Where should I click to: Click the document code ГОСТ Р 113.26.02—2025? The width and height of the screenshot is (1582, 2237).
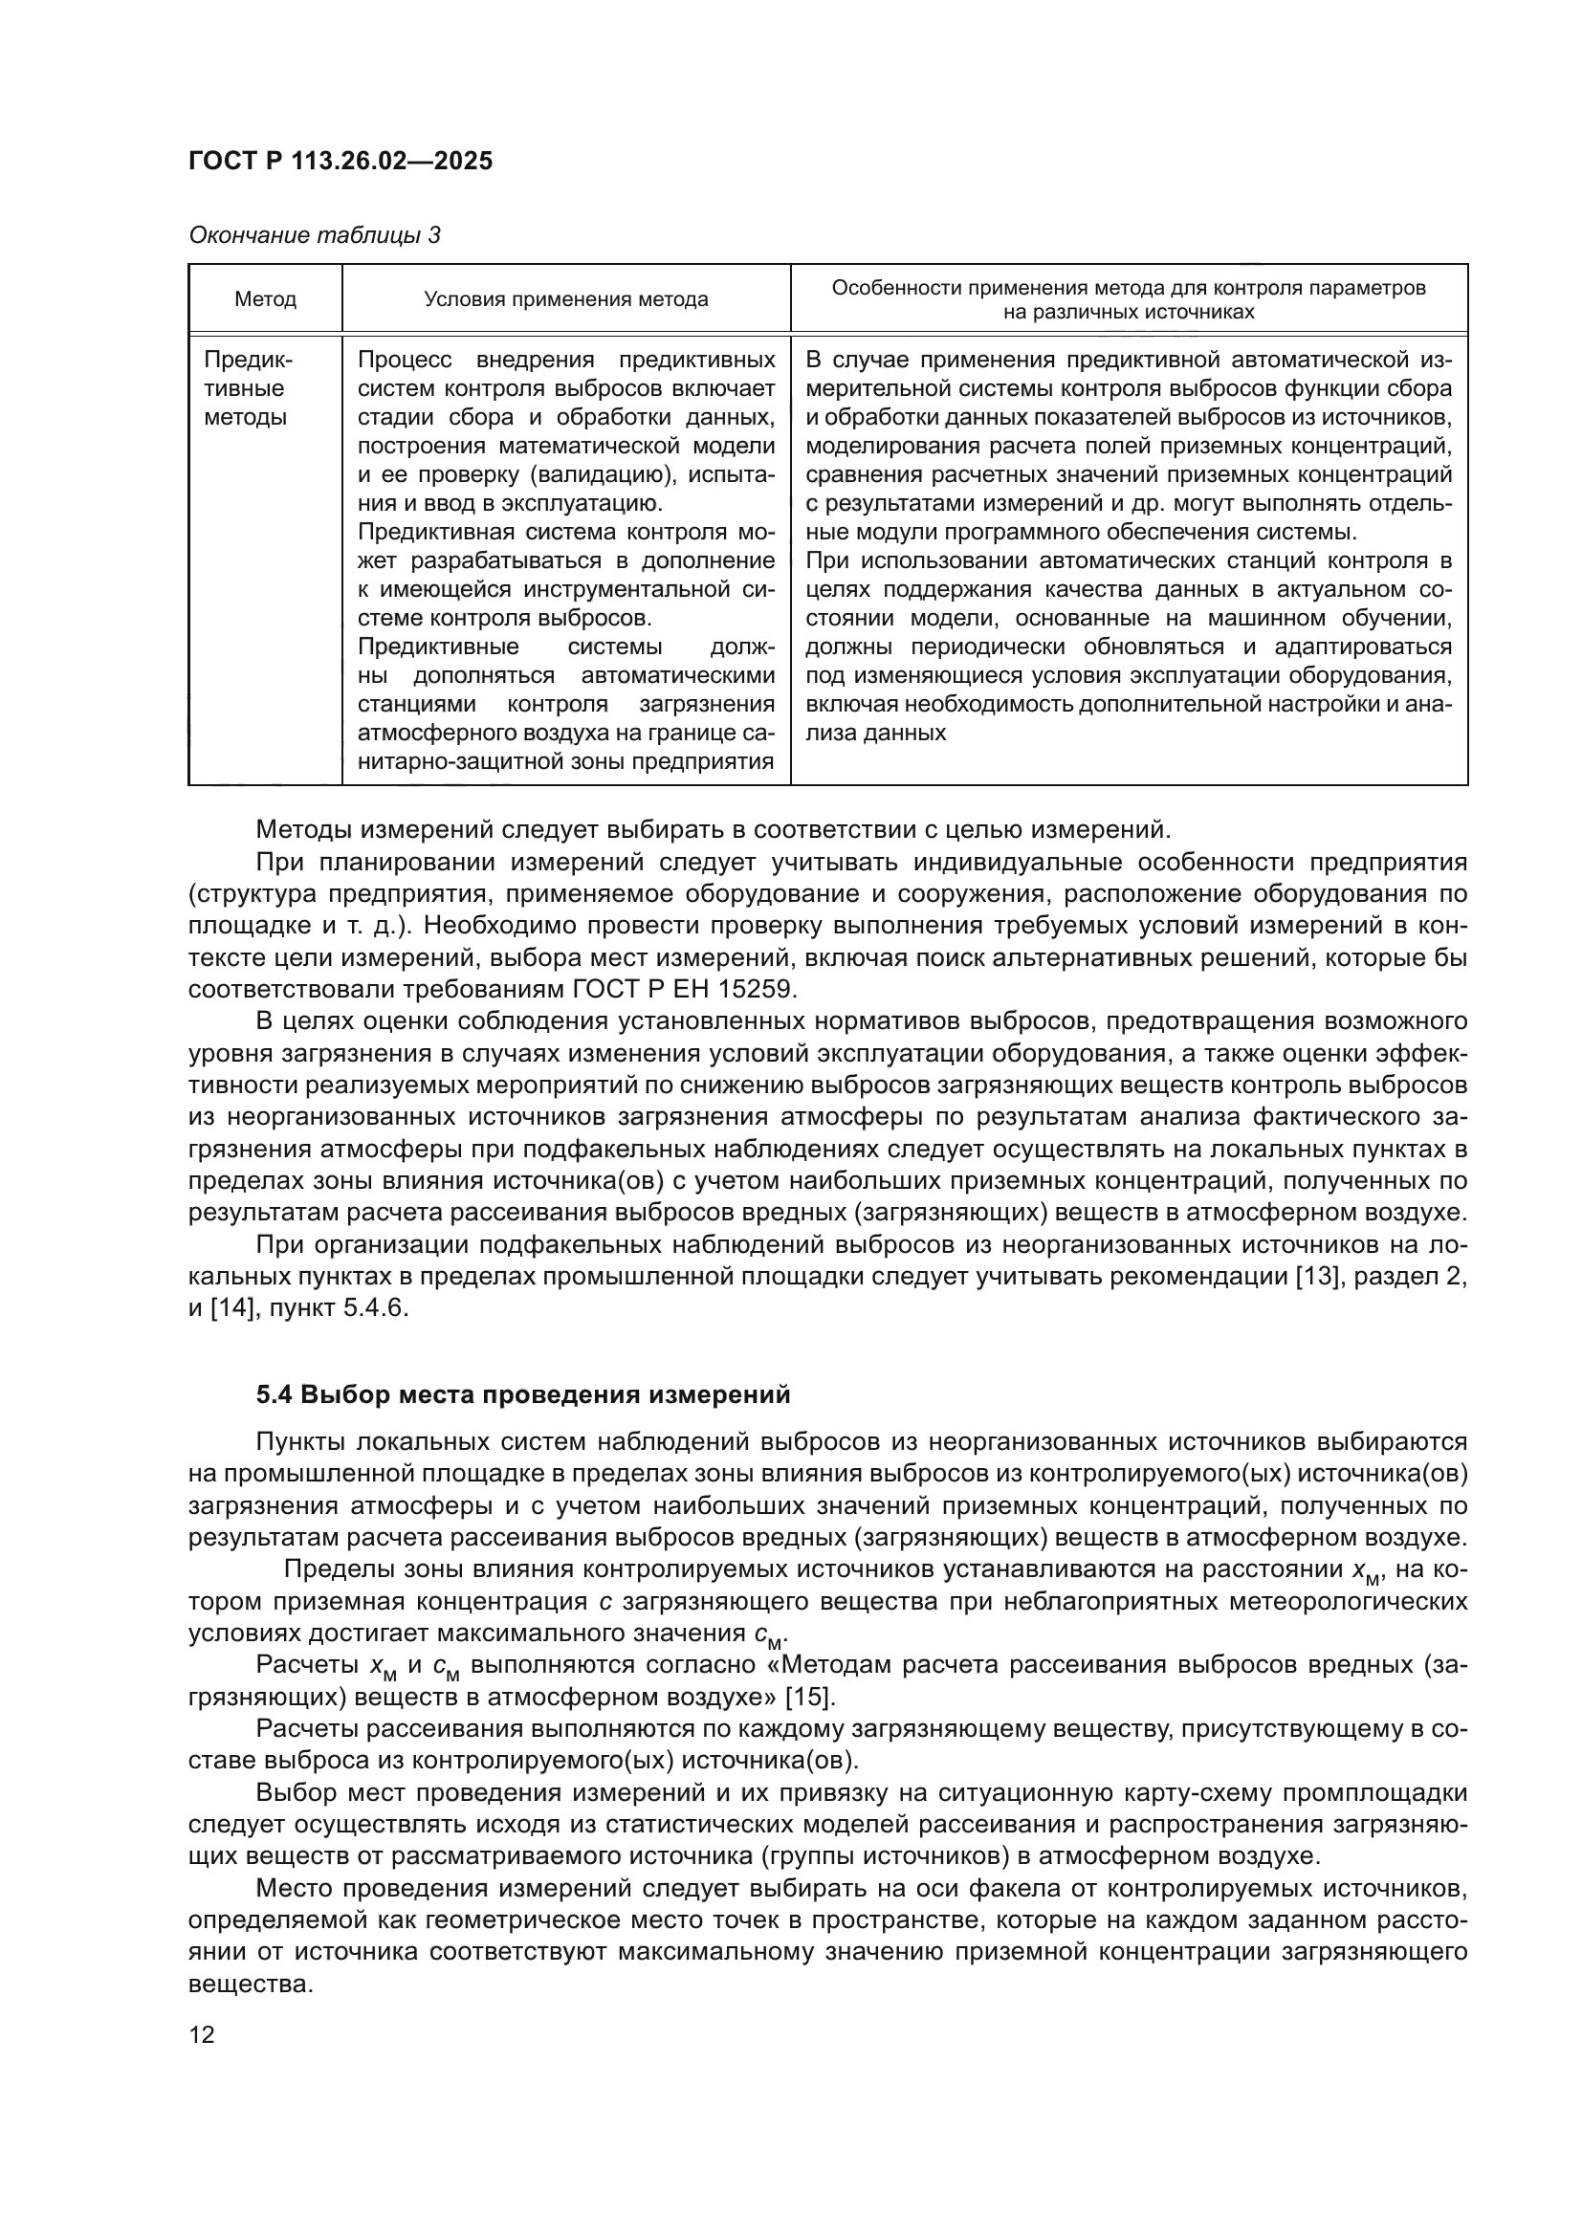[x=340, y=161]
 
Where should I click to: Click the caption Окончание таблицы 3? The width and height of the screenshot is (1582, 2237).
[x=314, y=236]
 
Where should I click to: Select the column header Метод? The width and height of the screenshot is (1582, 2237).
[x=265, y=300]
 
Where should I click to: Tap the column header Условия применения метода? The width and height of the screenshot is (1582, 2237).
[x=566, y=300]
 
